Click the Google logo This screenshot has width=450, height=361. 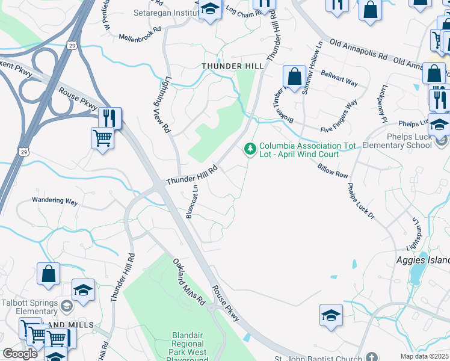(x=20, y=354)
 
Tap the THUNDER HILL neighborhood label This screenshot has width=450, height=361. (x=229, y=66)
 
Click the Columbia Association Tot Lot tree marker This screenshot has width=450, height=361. (x=250, y=147)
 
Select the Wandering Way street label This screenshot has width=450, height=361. (x=55, y=202)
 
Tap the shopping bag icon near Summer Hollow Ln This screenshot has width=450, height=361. (x=294, y=77)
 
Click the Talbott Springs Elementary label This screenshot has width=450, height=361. (x=28, y=307)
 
